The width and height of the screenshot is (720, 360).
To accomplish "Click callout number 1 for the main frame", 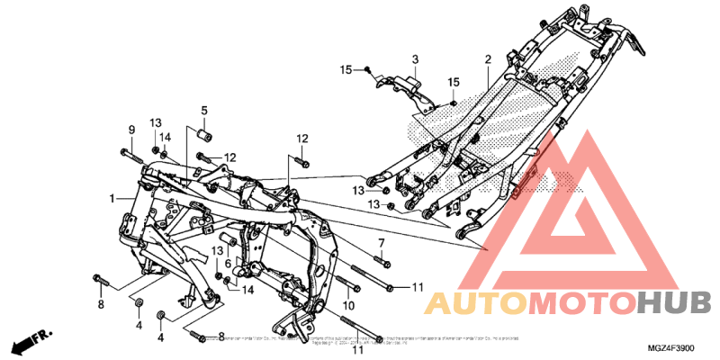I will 112,198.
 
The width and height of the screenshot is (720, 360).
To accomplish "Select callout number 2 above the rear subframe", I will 487,60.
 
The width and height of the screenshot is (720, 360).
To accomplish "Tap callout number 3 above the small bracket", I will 415,60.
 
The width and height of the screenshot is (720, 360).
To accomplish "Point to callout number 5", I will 203,111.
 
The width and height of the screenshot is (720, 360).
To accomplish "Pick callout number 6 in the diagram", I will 228,263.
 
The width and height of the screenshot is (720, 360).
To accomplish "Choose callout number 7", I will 381,244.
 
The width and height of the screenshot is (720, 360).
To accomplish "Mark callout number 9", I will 131,130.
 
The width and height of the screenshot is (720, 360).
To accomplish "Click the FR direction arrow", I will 28,343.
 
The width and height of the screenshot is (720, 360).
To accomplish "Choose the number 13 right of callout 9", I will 156,122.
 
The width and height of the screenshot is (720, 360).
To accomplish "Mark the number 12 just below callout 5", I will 229,157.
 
